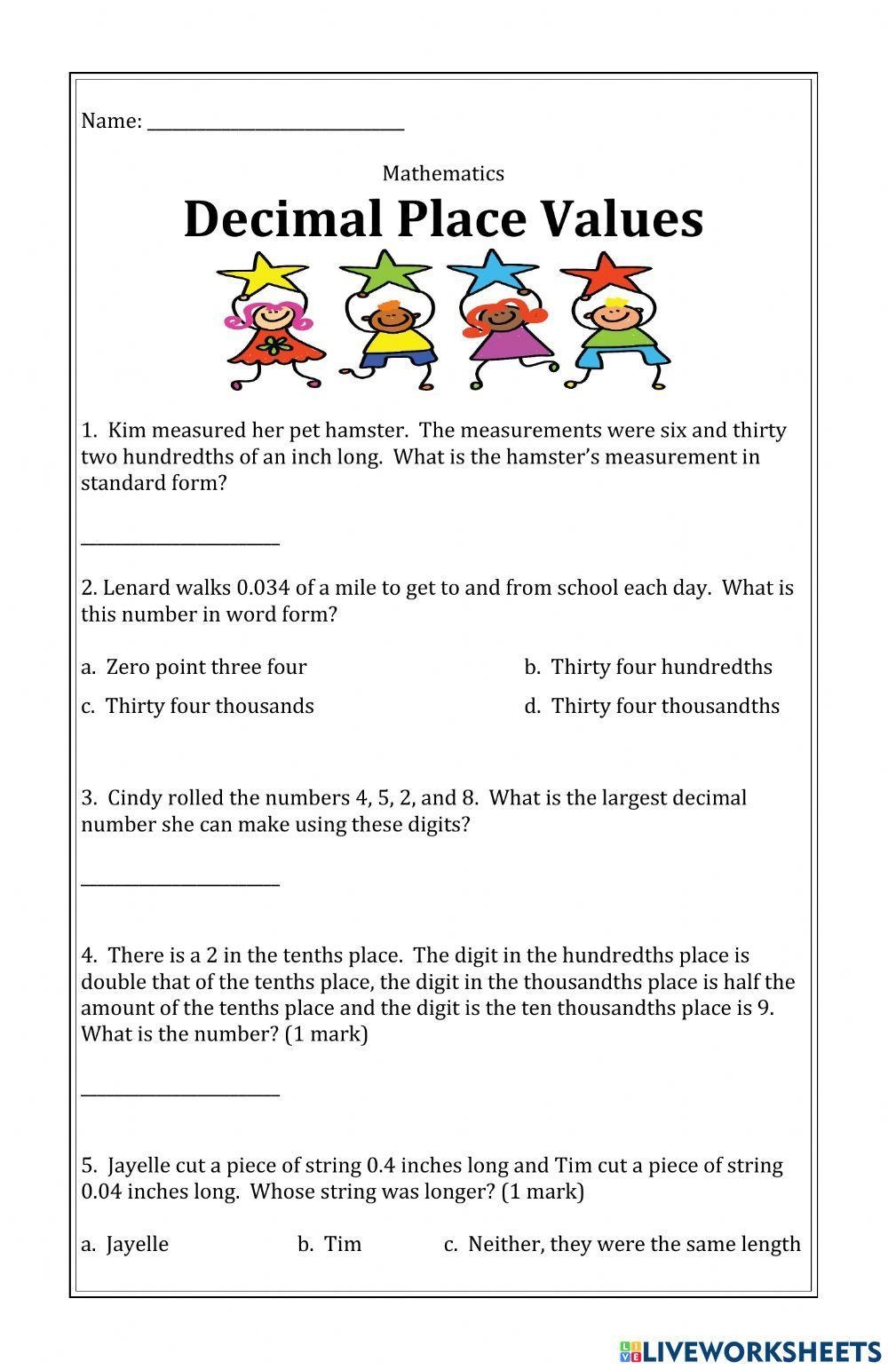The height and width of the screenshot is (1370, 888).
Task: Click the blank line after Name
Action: point(275,124)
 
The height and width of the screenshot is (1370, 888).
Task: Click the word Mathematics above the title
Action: point(443,173)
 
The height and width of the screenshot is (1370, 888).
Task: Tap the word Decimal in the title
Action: point(282,219)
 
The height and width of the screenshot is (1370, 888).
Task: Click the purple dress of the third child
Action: point(503,343)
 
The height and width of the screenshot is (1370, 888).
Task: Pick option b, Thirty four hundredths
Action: point(648,667)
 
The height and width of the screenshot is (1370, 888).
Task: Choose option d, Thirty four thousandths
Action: point(652,706)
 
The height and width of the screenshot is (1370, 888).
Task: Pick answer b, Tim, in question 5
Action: point(329,1244)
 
